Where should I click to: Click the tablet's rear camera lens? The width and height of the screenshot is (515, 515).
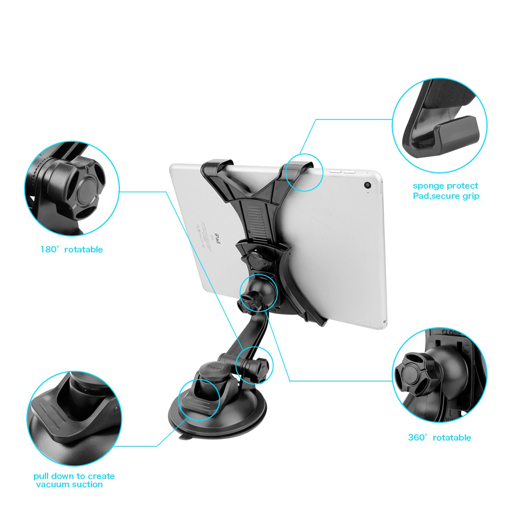click(x=368, y=185)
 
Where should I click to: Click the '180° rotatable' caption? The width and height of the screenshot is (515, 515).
click(x=71, y=249)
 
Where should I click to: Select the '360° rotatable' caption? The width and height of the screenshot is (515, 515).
click(x=439, y=437)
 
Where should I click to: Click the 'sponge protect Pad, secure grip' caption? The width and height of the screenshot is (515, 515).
click(x=446, y=191)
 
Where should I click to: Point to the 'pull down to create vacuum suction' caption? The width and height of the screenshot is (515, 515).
click(x=73, y=480)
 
